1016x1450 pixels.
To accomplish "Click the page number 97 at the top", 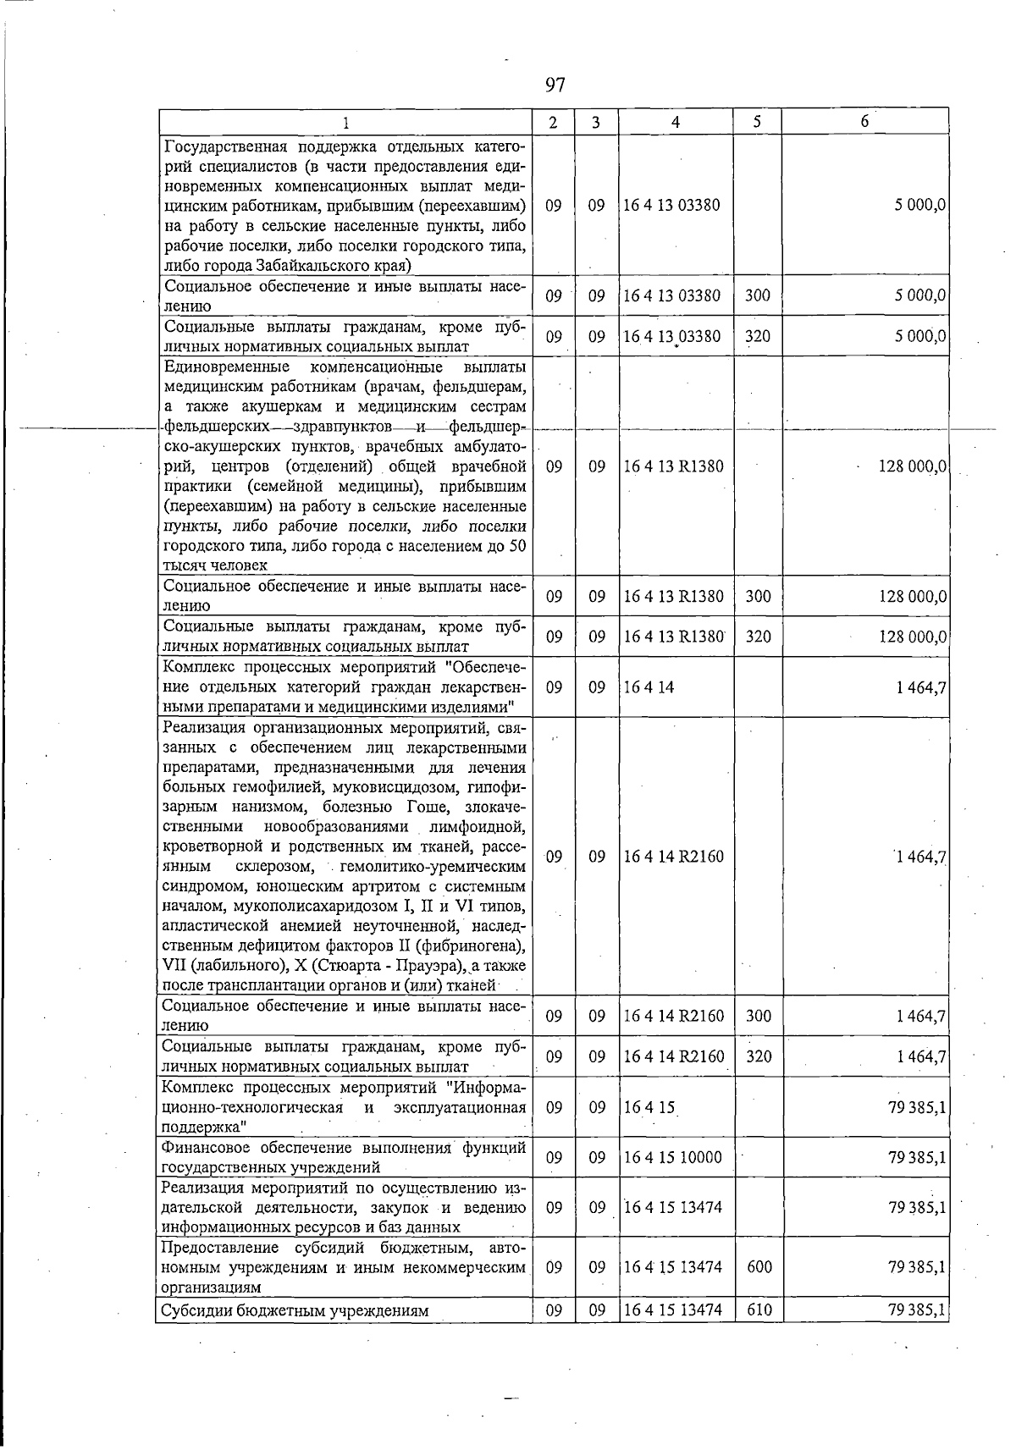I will [x=555, y=85].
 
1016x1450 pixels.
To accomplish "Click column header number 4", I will [x=675, y=122].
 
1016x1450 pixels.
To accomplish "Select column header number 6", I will [x=864, y=121].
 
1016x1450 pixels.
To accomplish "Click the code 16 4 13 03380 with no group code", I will [x=672, y=205].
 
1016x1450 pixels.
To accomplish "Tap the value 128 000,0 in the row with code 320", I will [x=912, y=637].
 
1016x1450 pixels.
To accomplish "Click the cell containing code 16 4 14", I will [x=649, y=687].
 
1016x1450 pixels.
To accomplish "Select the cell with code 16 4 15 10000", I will [x=672, y=1157].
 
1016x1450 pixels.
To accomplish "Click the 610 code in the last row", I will [x=758, y=1334].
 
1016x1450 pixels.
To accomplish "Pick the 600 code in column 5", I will [x=758, y=1267].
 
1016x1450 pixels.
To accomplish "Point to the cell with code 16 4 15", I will [x=649, y=1107].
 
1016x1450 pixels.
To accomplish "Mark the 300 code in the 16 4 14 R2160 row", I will [x=758, y=1016].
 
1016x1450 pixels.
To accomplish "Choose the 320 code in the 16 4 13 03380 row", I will [x=758, y=337].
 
